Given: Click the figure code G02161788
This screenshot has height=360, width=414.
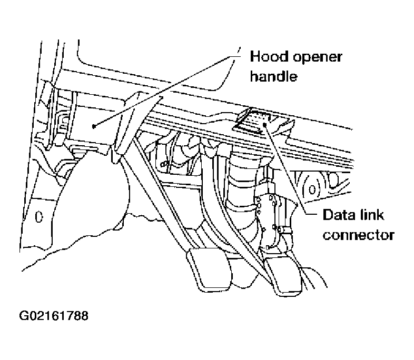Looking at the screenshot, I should [54, 316].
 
